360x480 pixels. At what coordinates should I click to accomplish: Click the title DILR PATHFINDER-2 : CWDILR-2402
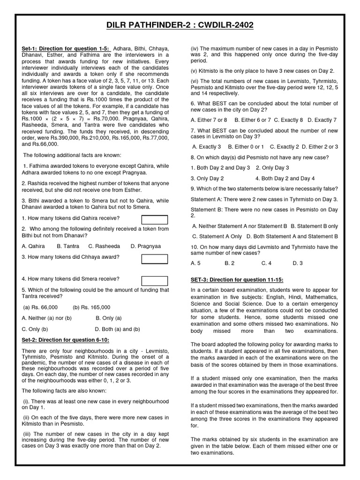click(180, 25)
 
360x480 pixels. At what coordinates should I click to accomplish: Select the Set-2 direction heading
click(63, 339)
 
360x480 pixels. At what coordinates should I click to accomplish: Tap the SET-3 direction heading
click(237, 280)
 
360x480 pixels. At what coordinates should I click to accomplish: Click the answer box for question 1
click(155, 220)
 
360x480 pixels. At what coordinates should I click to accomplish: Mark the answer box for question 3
click(155, 259)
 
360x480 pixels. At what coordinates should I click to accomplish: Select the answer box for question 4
click(155, 281)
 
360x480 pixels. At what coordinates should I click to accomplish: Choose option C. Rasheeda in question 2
click(104, 246)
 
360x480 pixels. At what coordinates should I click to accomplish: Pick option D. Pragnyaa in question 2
click(145, 246)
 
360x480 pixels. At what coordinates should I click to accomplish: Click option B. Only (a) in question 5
click(109, 318)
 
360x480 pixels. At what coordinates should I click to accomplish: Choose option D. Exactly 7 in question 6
click(322, 120)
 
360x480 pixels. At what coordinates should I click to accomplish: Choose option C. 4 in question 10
click(266, 263)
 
